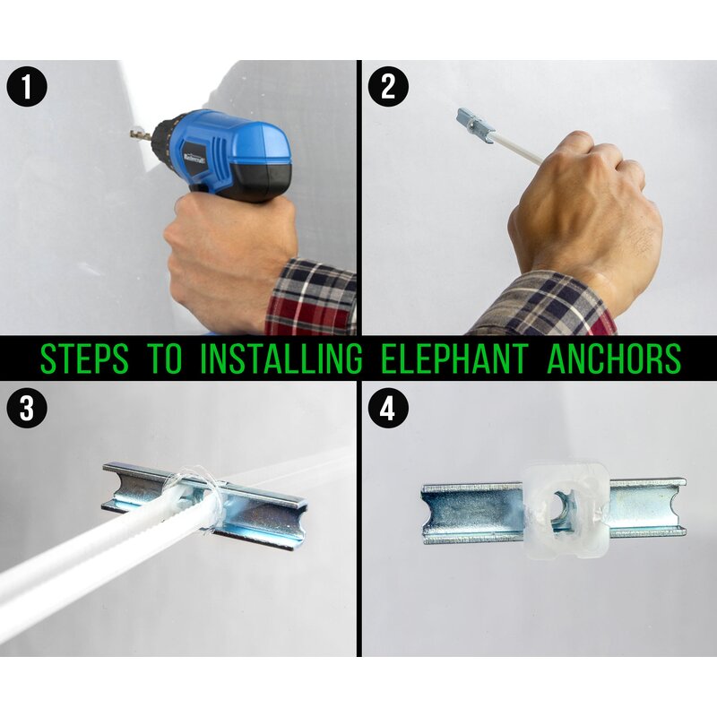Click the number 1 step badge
point(27,86)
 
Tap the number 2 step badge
point(388,86)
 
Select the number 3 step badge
point(27,408)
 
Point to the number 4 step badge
point(388,408)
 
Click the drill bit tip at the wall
point(132,134)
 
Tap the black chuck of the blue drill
point(162,137)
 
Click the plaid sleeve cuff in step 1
point(311,298)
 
